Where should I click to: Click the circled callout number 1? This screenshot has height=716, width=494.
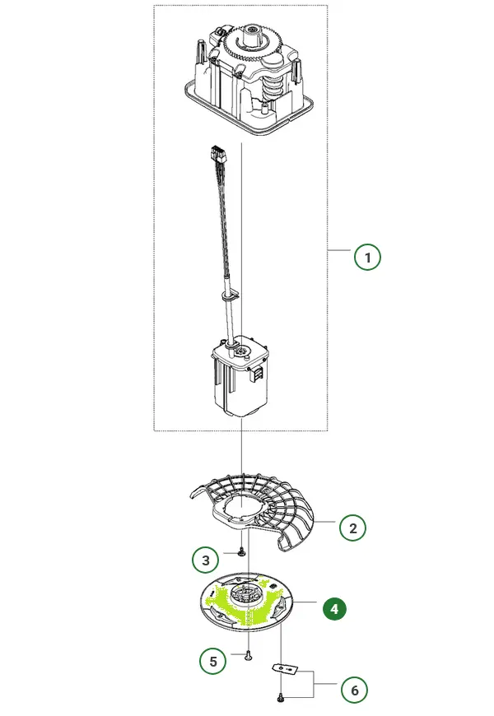coord(367,257)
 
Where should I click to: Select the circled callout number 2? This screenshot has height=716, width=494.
coord(352,528)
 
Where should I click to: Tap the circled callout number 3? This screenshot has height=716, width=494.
coord(206,560)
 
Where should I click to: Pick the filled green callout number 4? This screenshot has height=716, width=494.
coord(334,609)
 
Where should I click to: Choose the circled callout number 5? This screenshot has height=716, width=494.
coord(213,661)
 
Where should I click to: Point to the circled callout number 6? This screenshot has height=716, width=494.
coord(354,690)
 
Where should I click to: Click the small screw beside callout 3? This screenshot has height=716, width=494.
coord(241,553)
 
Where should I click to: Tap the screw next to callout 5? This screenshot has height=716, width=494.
coord(248,655)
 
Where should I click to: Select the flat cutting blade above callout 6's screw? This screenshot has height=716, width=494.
coord(285,668)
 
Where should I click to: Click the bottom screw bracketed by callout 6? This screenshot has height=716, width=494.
coord(281,697)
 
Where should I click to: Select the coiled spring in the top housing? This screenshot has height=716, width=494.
coord(272,88)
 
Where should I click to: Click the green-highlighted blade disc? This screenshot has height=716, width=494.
coord(248,602)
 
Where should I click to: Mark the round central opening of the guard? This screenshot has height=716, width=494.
coord(242,505)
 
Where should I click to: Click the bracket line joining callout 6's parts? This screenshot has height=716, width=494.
coord(313,684)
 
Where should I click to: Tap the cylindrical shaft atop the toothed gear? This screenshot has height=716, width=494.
coord(252,34)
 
